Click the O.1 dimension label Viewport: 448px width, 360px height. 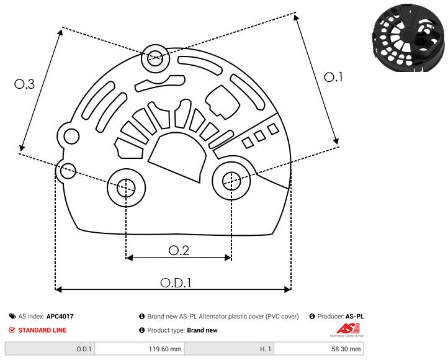(334, 77)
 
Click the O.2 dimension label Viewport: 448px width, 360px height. (179, 250)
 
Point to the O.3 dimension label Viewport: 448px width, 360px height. (24, 84)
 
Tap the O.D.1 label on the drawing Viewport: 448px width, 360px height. (176, 282)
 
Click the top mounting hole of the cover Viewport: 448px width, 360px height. (155, 60)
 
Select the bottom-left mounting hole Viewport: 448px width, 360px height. (126, 186)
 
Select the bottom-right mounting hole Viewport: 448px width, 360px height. (231, 181)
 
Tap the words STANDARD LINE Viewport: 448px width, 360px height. (42, 330)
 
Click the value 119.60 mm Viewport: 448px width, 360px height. (165, 349)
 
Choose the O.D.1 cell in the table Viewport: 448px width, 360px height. (84, 349)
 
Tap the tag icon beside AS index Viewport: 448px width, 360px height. (12, 316)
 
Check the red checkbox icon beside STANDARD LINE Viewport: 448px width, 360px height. (12, 330)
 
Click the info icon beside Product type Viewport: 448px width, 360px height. (141, 330)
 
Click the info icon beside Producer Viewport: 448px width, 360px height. (312, 316)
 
